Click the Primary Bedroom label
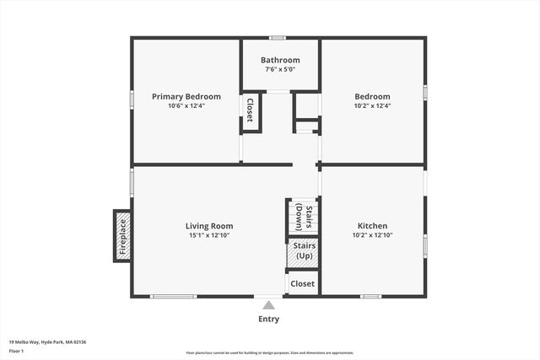point(186,96)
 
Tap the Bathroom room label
point(280,60)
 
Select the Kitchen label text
point(372,226)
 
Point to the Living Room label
point(209,226)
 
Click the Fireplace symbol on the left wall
point(122,236)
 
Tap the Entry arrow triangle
point(268,305)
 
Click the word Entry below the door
point(268,320)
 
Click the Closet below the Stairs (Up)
point(302,284)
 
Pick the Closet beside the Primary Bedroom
point(250,112)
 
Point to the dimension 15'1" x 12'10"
point(209,235)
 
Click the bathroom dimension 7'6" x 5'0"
point(280,70)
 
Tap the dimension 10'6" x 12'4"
point(186,106)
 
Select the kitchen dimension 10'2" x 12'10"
point(372,235)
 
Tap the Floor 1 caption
point(17,351)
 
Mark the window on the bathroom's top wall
point(278,37)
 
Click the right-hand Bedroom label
point(372,96)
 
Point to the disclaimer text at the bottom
point(270,352)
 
